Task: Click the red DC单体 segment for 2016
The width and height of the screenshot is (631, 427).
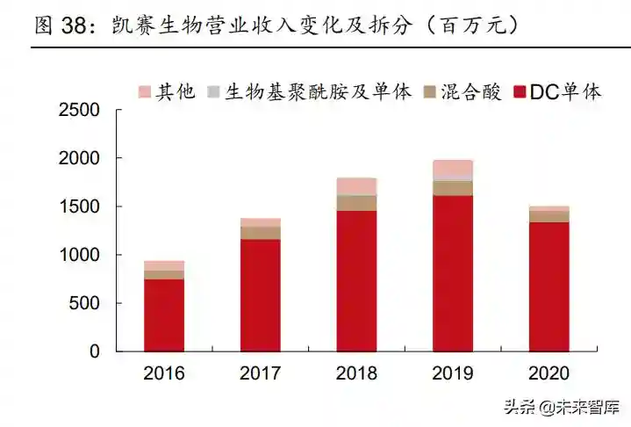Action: point(164,315)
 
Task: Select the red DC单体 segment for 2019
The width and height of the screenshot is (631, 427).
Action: point(452,272)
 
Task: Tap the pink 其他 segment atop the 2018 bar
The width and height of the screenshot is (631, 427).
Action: point(356,186)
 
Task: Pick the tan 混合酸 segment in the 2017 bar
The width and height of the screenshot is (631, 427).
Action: point(260,233)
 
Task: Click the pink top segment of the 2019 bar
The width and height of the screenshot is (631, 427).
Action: point(452,168)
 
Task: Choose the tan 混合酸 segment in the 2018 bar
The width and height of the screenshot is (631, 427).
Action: point(356,203)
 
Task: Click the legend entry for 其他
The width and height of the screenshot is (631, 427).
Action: point(165,92)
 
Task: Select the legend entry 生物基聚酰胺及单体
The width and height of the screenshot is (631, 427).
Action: point(308,92)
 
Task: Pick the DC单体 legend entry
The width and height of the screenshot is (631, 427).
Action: point(557,92)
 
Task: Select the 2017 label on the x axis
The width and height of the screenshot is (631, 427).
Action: point(260,373)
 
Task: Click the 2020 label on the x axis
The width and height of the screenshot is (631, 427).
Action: point(549,373)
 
